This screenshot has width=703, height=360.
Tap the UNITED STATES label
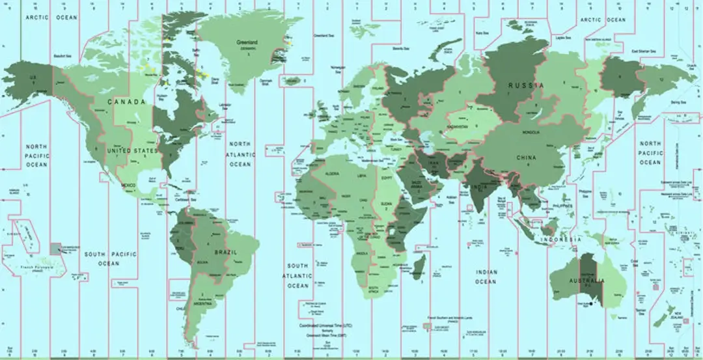pyautogui.click(x=132, y=151)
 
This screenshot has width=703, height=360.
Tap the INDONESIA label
pyautogui.click(x=563, y=240)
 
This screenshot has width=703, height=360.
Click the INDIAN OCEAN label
pyautogui.click(x=486, y=277)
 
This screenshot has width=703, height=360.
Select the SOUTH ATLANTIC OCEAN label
pyautogui.click(x=298, y=276)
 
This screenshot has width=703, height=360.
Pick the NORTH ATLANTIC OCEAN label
pyautogui.click(x=240, y=154)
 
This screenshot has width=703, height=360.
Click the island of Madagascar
pyautogui.click(x=420, y=267)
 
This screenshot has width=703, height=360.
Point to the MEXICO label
pyautogui.click(x=128, y=186)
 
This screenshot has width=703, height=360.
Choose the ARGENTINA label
pyautogui.click(x=206, y=304)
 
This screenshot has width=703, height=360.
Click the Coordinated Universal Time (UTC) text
pyautogui.click(x=325, y=325)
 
